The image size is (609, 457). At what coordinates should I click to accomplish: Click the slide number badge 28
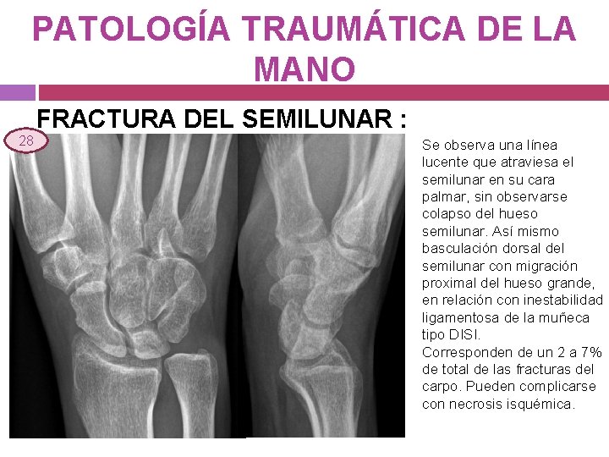click(x=26, y=140)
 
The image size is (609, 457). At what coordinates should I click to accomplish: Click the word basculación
click(x=458, y=249)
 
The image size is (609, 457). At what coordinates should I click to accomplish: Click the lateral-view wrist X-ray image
click(x=326, y=284)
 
